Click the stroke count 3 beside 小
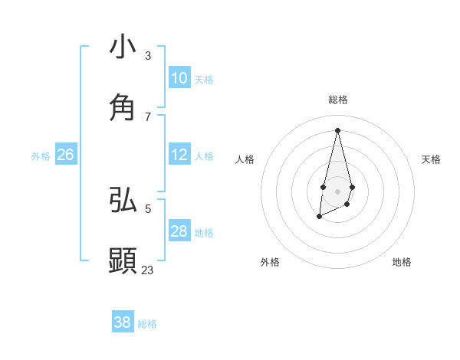(x=148, y=55)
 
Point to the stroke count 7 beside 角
(x=148, y=116)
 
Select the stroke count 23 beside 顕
(x=148, y=270)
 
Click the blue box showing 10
(x=179, y=78)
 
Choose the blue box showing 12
(x=179, y=155)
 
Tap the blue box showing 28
(x=179, y=231)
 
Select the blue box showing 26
(x=65, y=155)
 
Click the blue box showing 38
(x=123, y=322)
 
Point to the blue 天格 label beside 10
(x=204, y=80)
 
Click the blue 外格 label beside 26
(x=41, y=156)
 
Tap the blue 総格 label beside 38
(x=147, y=324)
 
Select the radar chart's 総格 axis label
(x=337, y=100)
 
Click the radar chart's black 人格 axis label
(x=245, y=159)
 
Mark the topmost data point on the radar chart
(x=337, y=129)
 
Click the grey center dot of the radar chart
(x=337, y=190)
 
